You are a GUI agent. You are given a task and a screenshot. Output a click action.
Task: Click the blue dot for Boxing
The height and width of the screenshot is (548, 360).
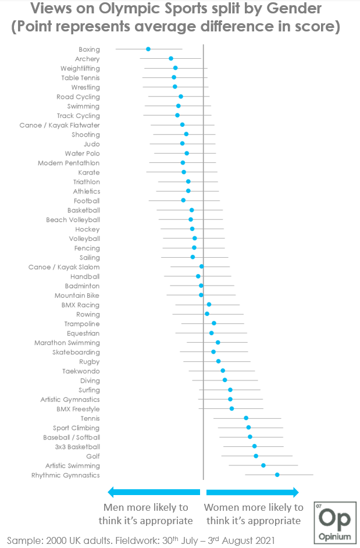point(148,49)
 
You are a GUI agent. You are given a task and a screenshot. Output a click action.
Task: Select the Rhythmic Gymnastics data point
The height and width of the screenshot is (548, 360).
point(277,475)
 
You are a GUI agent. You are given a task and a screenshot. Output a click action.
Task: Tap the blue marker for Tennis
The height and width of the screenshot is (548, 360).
point(246,418)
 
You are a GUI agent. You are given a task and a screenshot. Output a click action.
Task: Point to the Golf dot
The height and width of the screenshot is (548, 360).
point(256,456)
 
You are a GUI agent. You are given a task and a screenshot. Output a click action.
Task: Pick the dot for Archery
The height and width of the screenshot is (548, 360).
point(171,59)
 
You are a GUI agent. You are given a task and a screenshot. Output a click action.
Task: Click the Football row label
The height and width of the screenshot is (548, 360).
point(87,201)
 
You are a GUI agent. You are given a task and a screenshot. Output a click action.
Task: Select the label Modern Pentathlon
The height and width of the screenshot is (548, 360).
point(69,163)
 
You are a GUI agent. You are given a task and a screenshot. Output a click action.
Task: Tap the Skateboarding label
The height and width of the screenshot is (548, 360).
point(76,352)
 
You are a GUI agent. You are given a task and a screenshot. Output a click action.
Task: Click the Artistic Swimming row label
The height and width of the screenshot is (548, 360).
point(73,465)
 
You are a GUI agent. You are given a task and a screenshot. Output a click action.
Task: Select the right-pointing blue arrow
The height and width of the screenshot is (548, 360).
point(252,492)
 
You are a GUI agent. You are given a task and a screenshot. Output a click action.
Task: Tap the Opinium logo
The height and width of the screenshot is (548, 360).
point(334,521)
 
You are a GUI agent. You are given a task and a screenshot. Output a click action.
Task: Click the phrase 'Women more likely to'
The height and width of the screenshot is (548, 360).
point(254,507)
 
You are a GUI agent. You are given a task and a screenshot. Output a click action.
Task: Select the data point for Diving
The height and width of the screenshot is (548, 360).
point(225,380)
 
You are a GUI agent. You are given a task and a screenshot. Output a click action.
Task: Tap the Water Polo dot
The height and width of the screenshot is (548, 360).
point(187,154)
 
